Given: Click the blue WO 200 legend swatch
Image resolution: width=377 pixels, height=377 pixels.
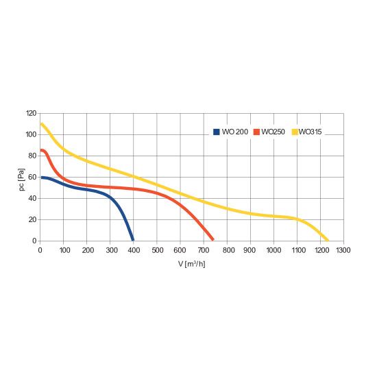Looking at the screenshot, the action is point(217,132).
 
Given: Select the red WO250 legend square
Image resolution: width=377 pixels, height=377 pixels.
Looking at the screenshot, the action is point(256,132).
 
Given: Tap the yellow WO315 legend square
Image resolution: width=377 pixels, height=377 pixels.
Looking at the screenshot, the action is point(295,132).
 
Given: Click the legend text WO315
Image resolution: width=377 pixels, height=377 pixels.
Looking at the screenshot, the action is point(310,132).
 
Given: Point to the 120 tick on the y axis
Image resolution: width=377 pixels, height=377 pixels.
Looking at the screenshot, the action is point(32,113).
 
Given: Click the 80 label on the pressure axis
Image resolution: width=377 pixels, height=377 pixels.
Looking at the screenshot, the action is point(32,156).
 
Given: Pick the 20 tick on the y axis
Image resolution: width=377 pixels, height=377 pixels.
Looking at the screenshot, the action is point(32,219).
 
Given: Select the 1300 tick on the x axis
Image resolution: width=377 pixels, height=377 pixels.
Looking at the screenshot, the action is point(343,250).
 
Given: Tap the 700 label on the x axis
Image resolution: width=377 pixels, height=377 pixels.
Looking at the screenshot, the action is point(204,250).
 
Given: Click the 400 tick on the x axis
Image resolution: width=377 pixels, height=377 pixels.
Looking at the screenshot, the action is point(134,250).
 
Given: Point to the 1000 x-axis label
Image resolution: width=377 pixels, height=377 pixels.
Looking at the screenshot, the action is point(273,250).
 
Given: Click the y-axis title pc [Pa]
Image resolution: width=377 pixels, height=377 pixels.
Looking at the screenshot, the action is point(22,180).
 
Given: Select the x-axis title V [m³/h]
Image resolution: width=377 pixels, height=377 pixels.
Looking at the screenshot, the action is point(192,264).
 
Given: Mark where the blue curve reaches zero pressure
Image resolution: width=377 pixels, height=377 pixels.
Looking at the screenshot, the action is point(133,240).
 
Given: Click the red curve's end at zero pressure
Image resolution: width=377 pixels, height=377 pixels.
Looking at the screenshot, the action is point(212,239).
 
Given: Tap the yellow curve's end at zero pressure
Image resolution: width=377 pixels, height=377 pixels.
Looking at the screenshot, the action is point(328,240).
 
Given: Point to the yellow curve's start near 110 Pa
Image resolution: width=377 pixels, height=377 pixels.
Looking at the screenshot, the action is point(42,124).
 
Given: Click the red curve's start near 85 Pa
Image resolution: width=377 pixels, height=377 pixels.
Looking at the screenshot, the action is point(41,151).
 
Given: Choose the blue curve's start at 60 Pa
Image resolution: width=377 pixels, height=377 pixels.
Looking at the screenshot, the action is point(42,178).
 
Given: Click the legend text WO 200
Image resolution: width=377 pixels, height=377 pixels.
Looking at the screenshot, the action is point(235,132).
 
